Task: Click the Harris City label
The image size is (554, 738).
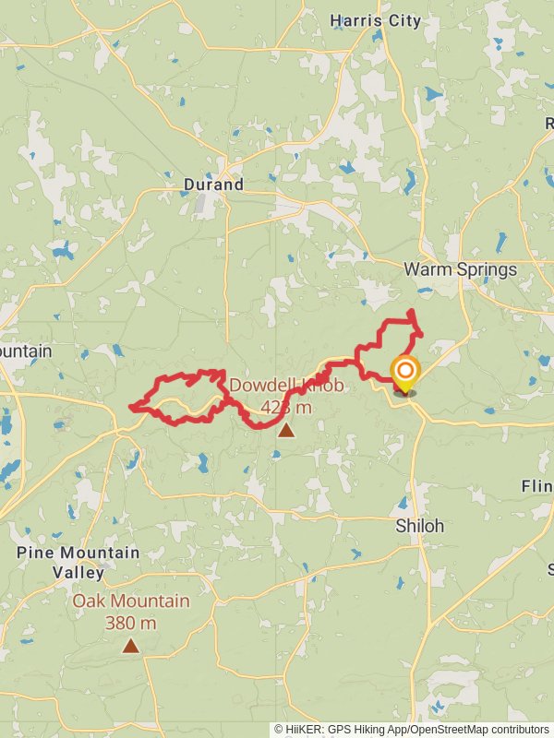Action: pyautogui.click(x=375, y=20)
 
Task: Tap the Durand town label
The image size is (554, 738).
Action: pyautogui.click(x=213, y=184)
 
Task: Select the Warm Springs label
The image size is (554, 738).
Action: pyautogui.click(x=461, y=269)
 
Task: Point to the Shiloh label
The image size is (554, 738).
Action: pyautogui.click(x=420, y=526)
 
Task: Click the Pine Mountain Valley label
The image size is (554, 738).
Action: pyautogui.click(x=78, y=562)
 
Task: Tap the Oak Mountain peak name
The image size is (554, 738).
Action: pyautogui.click(x=131, y=601)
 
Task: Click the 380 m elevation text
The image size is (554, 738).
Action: pyautogui.click(x=130, y=623)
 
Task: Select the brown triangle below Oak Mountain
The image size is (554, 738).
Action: pyautogui.click(x=131, y=647)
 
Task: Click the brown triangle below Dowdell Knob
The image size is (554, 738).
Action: pyautogui.click(x=286, y=430)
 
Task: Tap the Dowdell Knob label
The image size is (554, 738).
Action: pyautogui.click(x=286, y=386)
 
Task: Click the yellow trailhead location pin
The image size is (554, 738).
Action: pyautogui.click(x=404, y=375)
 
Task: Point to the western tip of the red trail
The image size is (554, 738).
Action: pyautogui.click(x=131, y=406)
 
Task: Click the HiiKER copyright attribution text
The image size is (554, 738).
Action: pyautogui.click(x=411, y=729)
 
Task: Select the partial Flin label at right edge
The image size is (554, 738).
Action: pyautogui.click(x=537, y=486)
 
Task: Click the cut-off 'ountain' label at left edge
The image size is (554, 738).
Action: pyautogui.click(x=26, y=351)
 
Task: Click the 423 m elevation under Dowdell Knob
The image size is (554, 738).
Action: pyautogui.click(x=286, y=407)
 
